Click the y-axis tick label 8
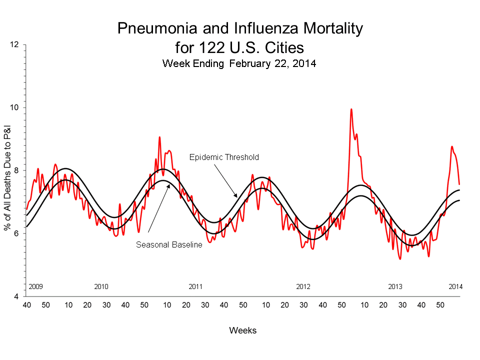point(16,170)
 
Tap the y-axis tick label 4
point(16,296)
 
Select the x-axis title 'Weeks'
point(242,330)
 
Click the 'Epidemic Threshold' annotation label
point(224,157)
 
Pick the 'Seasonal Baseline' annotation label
point(169,244)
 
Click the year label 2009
point(35,286)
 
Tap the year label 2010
point(101,286)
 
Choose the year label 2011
point(195,286)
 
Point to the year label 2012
point(303,286)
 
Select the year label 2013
point(395,286)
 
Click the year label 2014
point(455,286)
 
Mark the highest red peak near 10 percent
point(351,109)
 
